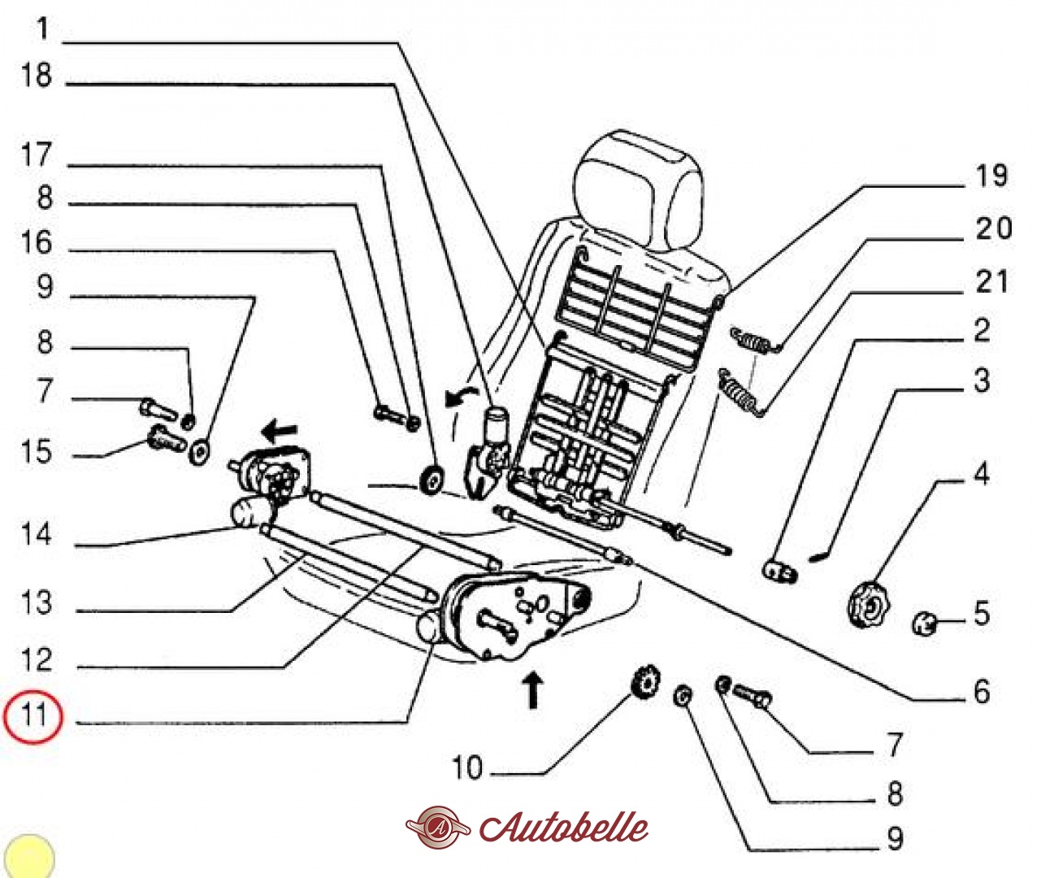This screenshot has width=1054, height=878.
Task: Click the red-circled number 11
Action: (x=33, y=715)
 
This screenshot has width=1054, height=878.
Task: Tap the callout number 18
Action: (x=37, y=76)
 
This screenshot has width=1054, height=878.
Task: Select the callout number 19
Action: (x=991, y=176)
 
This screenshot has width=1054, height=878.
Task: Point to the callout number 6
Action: (x=982, y=692)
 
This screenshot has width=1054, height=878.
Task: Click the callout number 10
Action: (x=467, y=768)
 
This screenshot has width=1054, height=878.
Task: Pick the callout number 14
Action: (x=37, y=535)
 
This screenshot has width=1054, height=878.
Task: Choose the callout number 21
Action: (x=992, y=283)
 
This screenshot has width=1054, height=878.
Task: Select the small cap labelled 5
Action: (x=924, y=623)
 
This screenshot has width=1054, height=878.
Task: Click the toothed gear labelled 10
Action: (x=646, y=680)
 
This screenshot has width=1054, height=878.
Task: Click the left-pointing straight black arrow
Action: (x=280, y=428)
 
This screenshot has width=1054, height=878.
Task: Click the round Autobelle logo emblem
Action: (x=438, y=828)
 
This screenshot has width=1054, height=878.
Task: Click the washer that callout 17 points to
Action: (x=431, y=479)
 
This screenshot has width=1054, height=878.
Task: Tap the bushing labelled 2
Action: (x=779, y=570)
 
